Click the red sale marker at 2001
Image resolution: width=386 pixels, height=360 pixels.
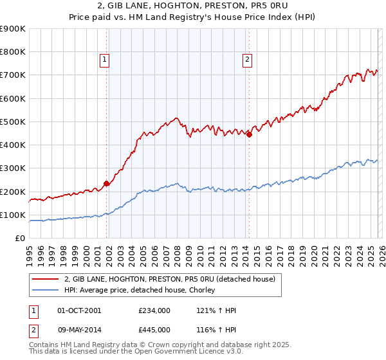click(x=106, y=183)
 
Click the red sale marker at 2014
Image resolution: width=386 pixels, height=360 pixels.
click(x=249, y=134)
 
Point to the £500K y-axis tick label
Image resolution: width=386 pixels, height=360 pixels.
click(x=13, y=122)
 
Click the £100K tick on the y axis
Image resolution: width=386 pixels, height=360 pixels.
click(x=13, y=215)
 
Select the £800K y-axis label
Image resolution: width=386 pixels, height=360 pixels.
click(x=13, y=52)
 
